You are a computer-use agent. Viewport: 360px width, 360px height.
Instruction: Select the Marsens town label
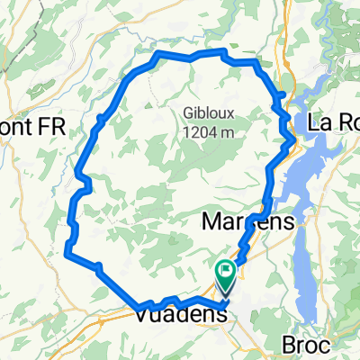coord(248,220)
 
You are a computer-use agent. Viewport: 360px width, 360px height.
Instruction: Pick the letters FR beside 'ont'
coord(43,127)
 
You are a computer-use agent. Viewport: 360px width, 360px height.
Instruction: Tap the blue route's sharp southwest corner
coord(67,256)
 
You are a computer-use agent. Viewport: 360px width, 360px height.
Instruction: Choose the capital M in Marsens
coord(214,220)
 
